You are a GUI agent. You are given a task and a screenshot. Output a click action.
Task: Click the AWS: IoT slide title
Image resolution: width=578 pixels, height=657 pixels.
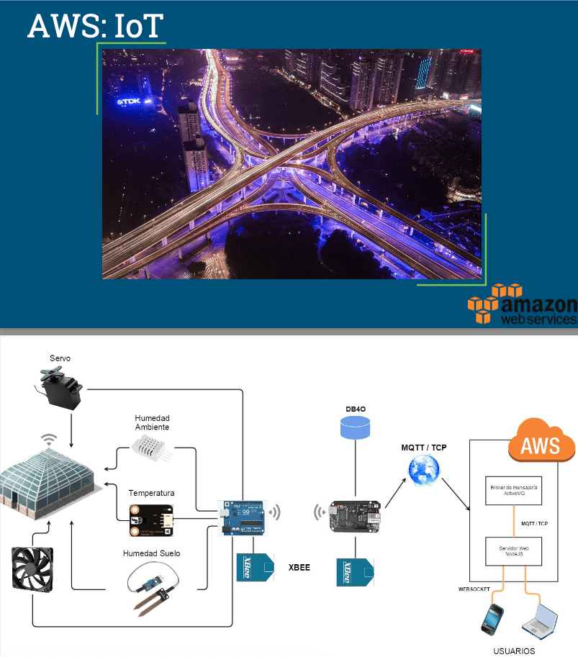96,25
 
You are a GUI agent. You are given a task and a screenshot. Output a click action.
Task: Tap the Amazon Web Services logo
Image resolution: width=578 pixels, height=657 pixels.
523,305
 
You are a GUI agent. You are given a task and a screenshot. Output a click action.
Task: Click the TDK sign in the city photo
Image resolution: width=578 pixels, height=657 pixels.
129,101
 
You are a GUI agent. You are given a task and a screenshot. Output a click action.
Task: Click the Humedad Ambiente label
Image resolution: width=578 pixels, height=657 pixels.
152,422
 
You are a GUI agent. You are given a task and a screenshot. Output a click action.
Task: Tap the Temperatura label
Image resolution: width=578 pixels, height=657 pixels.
151,493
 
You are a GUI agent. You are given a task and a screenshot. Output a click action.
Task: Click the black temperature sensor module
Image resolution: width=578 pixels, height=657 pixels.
151,520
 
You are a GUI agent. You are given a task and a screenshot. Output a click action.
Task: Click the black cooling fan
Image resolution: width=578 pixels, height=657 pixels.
32,569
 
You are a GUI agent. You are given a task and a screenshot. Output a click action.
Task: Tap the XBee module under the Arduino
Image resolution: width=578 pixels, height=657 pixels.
256,566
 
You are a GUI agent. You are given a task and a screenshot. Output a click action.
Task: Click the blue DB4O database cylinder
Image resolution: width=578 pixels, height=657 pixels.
356,429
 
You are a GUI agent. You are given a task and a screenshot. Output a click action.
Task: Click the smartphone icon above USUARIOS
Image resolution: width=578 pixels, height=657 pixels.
492,619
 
